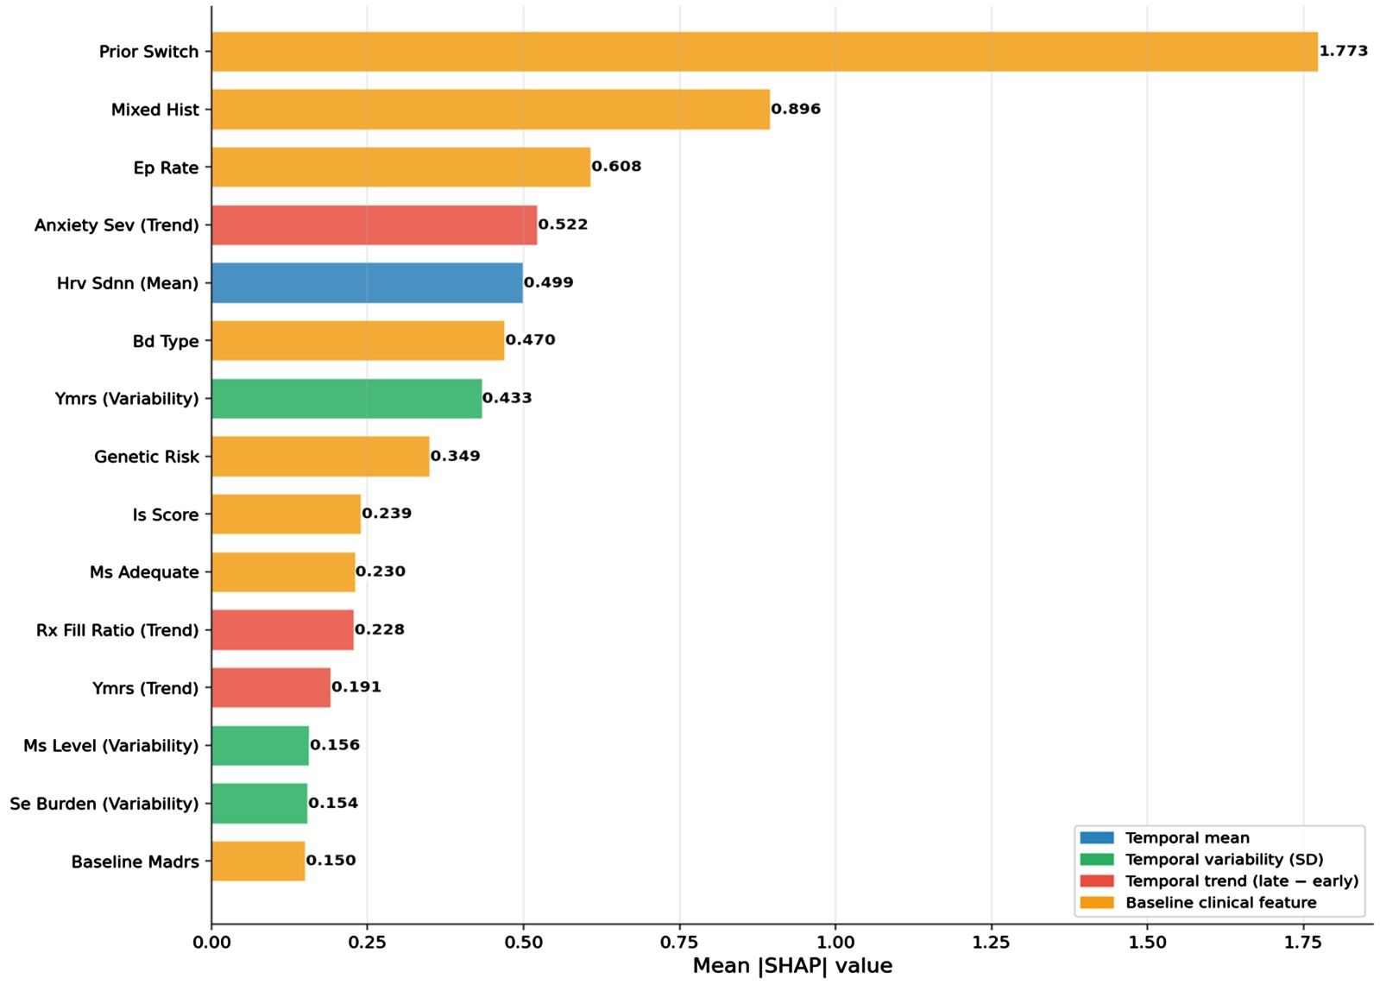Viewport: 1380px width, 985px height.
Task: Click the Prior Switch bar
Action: (765, 52)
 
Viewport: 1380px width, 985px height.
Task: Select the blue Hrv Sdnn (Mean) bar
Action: (367, 283)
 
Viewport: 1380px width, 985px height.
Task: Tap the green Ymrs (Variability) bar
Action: (347, 399)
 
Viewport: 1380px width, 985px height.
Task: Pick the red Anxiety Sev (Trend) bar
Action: (375, 225)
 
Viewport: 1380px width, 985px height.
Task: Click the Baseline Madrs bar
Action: (258, 861)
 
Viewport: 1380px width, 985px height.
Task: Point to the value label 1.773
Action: (1344, 51)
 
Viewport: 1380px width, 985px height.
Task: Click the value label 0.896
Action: (796, 109)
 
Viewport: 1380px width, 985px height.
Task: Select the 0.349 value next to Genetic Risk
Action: (456, 456)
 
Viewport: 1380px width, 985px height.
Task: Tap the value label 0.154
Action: (333, 803)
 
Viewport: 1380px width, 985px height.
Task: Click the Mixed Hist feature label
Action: (155, 110)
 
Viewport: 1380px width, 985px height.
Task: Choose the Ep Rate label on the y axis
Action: (167, 167)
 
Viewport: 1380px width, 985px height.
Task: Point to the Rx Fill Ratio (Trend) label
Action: (117, 630)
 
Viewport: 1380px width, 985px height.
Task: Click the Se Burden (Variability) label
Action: (104, 804)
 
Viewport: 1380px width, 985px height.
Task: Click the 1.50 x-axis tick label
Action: (1147, 943)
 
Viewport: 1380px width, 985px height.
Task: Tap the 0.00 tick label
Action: (211, 943)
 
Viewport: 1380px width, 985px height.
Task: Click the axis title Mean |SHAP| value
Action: (792, 966)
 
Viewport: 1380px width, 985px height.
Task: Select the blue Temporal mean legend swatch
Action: (1097, 838)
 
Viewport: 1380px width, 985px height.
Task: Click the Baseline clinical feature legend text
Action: (1221, 903)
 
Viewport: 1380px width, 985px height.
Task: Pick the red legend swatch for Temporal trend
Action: (1097, 881)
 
